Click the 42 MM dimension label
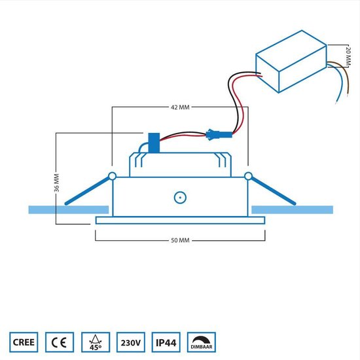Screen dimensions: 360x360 tap(180, 107)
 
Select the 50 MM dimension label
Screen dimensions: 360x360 tap(180, 240)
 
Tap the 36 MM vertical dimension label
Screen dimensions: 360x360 tap(56, 183)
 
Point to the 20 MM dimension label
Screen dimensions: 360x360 tap(348, 56)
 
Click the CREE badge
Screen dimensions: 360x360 tap(24, 342)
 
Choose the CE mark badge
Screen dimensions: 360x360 tap(60, 342)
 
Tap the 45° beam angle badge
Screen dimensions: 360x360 tap(96, 342)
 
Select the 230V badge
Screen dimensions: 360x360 tap(131, 342)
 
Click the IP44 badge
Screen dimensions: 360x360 tap(166, 342)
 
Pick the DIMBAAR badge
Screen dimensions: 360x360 tap(202, 342)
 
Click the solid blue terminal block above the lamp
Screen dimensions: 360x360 tap(154, 143)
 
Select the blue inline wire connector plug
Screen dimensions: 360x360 tap(219, 135)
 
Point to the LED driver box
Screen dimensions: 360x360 tap(291, 62)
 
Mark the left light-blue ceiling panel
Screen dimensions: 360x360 tap(69, 210)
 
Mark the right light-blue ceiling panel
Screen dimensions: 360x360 tap(293, 210)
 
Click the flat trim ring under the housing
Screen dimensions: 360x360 tap(180, 221)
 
